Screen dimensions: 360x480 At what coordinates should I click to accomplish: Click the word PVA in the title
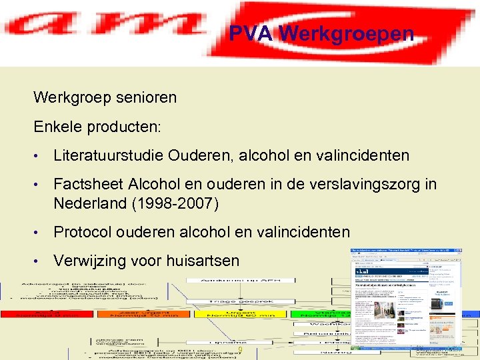(x=250, y=33)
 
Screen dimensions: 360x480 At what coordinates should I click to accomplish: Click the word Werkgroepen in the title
(x=346, y=33)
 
